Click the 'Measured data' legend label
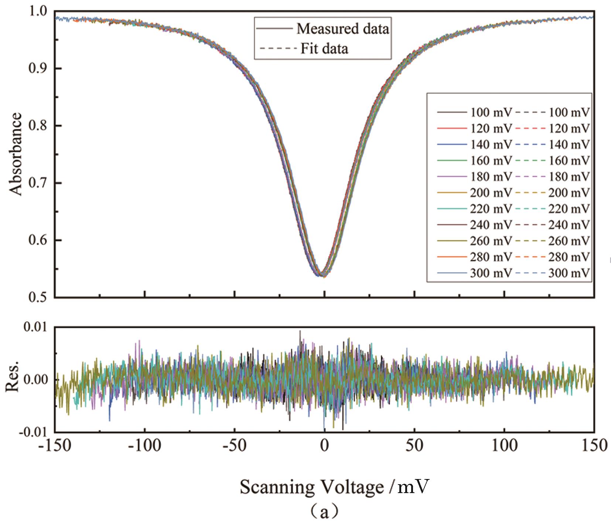tap(342, 28)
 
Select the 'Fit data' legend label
tap(324, 48)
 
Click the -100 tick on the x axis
tap(144, 446)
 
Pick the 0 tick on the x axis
tap(324, 446)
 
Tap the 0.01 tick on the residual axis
tap(36, 327)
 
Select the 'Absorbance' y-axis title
tap(15, 154)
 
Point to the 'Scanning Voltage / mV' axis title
tap(335, 487)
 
